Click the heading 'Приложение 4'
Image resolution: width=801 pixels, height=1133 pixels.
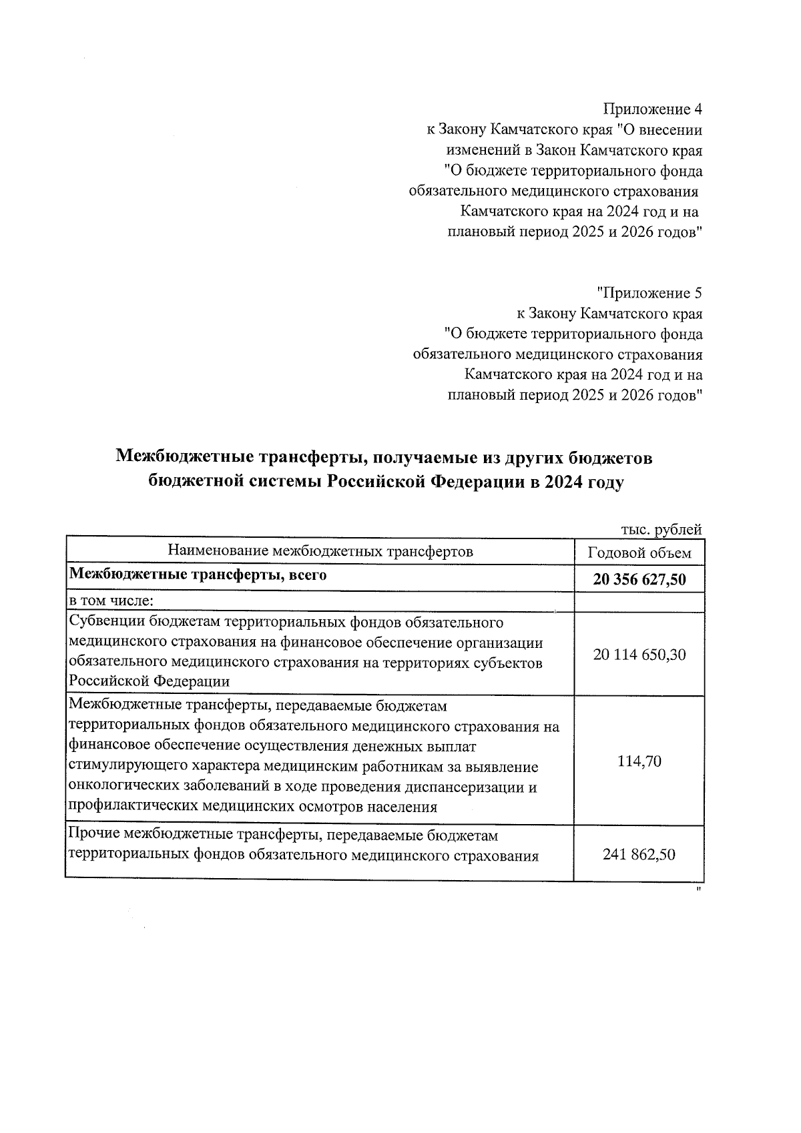coord(652,109)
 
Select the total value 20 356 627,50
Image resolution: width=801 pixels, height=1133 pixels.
coord(639,579)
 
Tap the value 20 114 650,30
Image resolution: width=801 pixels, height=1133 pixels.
coord(639,655)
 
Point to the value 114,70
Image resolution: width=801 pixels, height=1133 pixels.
coord(639,761)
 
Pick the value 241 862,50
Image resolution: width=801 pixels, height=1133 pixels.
coord(639,854)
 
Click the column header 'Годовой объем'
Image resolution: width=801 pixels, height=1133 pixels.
coord(639,552)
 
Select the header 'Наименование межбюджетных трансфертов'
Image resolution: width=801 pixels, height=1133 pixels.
coord(320,551)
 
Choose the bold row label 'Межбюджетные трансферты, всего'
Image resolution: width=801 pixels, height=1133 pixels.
coord(198,575)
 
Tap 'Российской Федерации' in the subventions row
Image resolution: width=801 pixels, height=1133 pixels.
coord(149,681)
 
